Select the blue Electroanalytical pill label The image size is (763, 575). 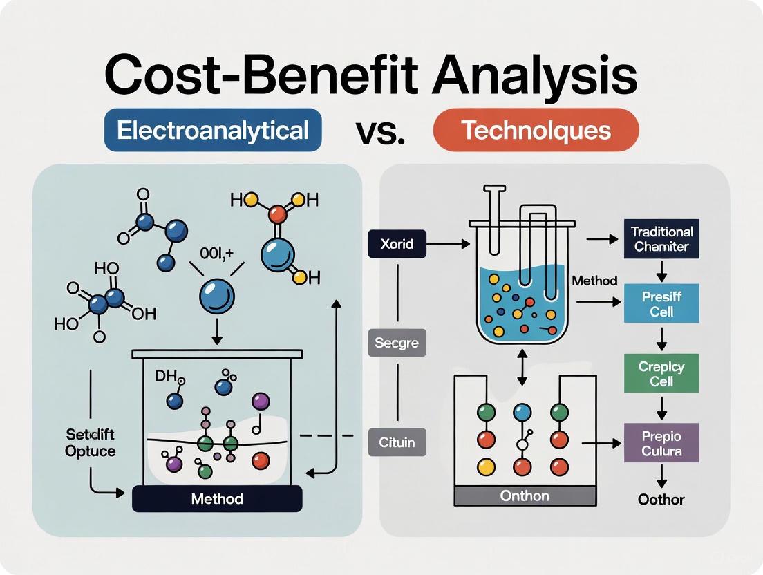pos(212,130)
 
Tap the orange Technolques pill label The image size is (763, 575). pos(536,130)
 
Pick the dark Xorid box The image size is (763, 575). pos(396,243)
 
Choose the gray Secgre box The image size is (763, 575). pos(396,341)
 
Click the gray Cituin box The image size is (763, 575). pos(397,442)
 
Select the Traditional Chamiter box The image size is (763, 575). pos(661,238)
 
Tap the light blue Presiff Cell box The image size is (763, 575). pos(661,303)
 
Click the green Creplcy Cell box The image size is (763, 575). pos(661,373)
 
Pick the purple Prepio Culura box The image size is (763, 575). pos(661,444)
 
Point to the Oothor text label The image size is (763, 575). pos(661,500)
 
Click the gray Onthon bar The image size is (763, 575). pos(524,496)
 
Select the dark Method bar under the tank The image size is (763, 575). pos(217,498)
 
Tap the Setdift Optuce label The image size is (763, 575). pos(91,442)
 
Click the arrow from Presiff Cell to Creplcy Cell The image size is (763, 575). pos(661,338)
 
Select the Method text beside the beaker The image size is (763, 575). pos(594,281)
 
